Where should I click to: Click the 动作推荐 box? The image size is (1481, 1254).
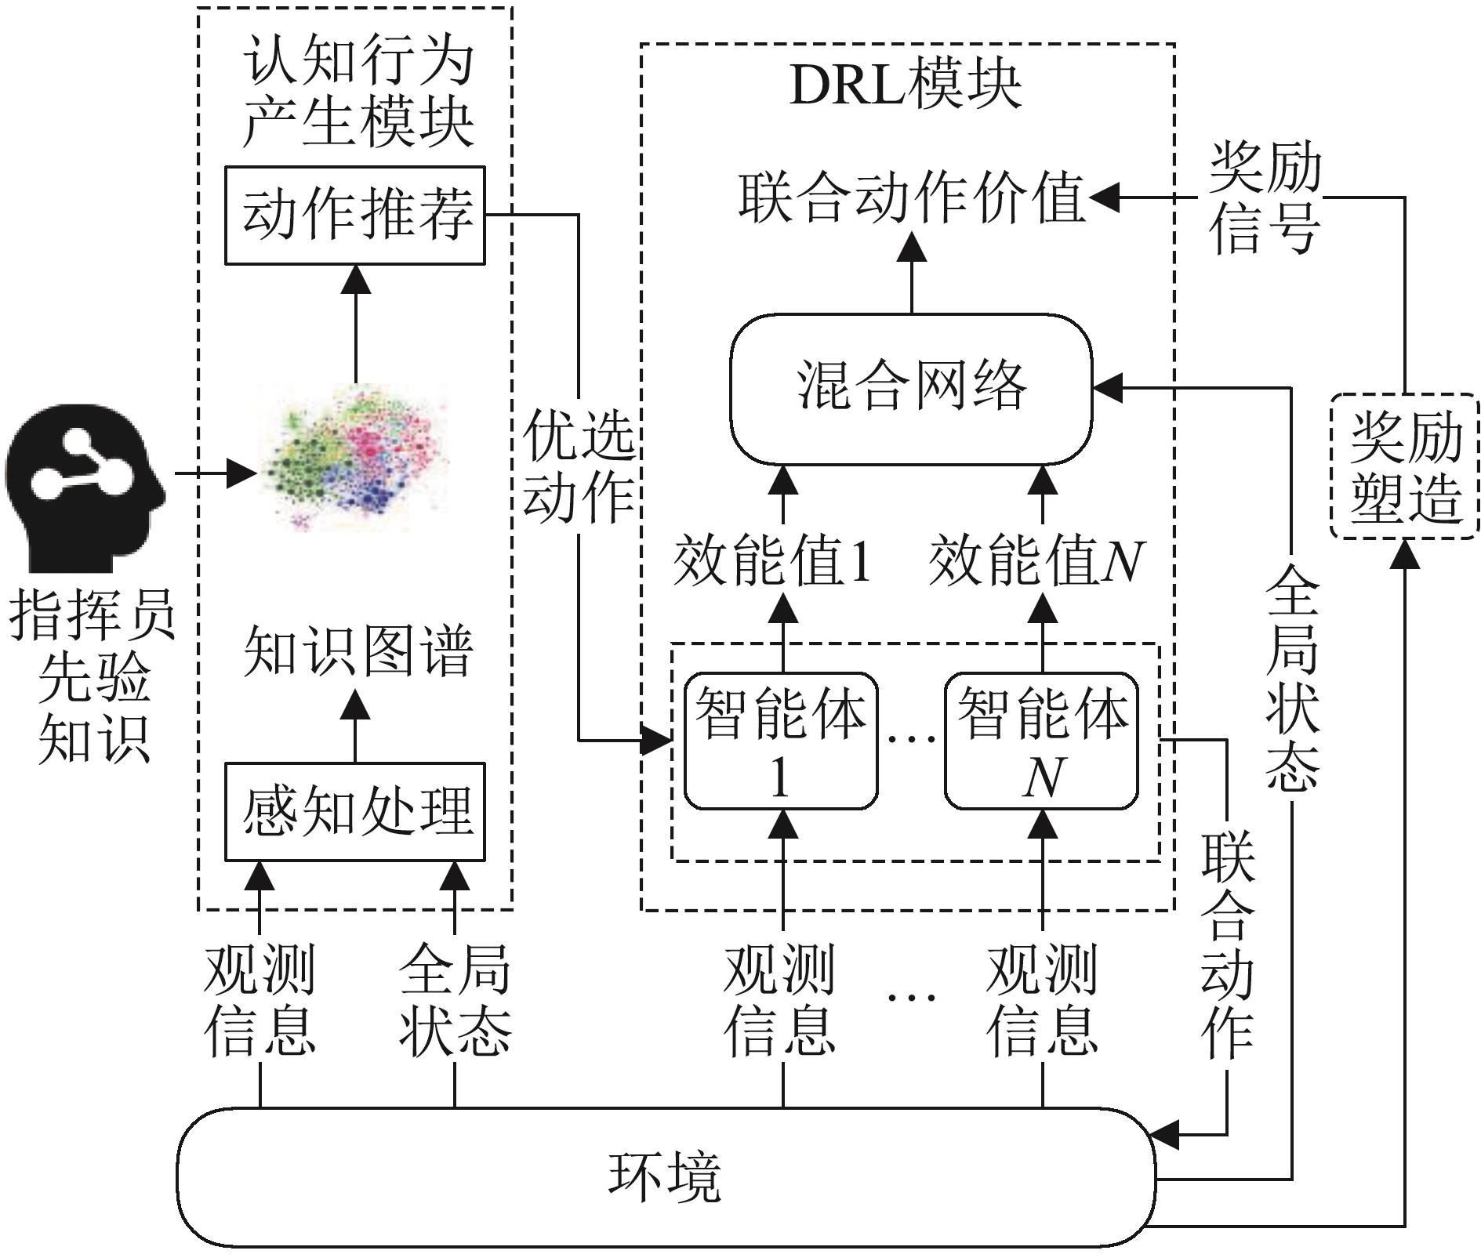click(x=354, y=215)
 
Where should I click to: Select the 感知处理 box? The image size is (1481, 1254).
click(x=354, y=811)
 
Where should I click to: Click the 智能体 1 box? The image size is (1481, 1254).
click(x=781, y=741)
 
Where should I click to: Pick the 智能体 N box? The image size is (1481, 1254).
click(x=1041, y=741)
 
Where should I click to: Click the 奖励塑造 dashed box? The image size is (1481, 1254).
click(x=1404, y=466)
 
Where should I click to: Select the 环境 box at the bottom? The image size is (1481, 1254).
click(x=665, y=1176)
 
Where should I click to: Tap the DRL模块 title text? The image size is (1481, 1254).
click(x=906, y=84)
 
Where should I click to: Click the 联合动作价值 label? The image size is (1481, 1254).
click(x=911, y=198)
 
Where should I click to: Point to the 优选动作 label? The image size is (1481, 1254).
click(x=579, y=466)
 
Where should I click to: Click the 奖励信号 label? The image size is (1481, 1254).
click(x=1264, y=198)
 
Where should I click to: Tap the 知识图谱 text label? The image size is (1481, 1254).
click(x=358, y=651)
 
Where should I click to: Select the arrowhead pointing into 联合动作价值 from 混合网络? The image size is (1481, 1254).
click(x=911, y=248)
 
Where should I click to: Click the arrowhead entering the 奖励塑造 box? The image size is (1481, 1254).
click(x=1404, y=553)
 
